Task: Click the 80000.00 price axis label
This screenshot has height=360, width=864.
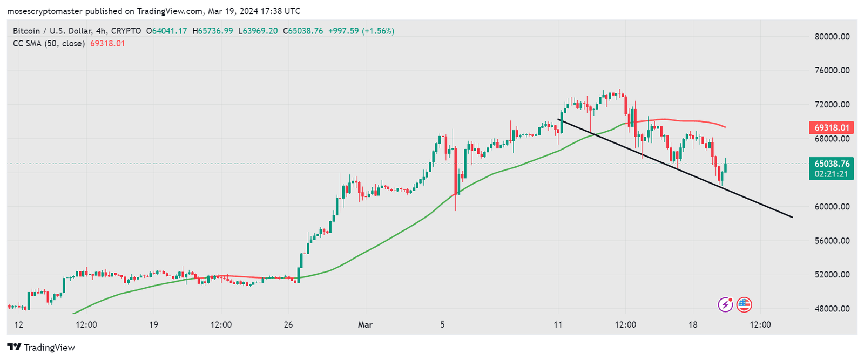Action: pos(832,37)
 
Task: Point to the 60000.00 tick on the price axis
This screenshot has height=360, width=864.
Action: pos(832,207)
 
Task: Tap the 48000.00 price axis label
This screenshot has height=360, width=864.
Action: pos(832,309)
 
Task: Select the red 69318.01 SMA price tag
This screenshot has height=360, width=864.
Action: pos(832,128)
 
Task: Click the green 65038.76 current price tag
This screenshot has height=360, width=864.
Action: pos(832,164)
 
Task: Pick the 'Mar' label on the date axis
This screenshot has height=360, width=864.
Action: pos(365,325)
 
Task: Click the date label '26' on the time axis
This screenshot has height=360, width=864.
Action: pos(288,325)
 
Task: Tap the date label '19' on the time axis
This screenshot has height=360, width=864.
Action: pos(153,325)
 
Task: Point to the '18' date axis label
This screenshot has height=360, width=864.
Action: pos(693,325)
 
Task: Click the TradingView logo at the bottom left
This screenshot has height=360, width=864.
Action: pos(41,348)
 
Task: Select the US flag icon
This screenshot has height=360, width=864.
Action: pos(744,305)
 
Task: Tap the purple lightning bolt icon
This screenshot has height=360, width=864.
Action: pos(725,305)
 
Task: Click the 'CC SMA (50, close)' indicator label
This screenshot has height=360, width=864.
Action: pos(49,44)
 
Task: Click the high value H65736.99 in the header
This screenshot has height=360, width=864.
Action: pos(213,31)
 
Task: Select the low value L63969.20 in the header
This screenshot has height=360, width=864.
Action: pos(258,31)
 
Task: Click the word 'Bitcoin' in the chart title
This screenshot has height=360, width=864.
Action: pos(26,31)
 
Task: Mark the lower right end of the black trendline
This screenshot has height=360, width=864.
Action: pos(792,217)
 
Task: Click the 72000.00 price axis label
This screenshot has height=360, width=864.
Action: pos(832,105)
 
